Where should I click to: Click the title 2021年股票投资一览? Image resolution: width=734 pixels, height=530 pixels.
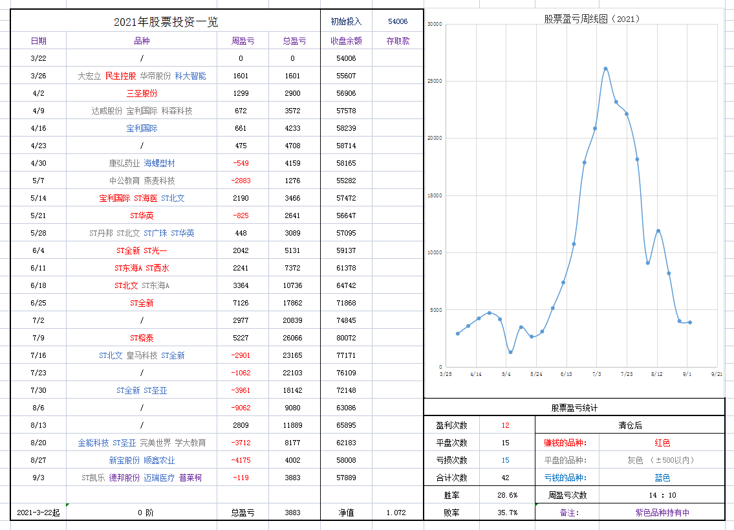click(x=166, y=22)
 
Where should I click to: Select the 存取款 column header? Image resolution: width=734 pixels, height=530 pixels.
click(x=398, y=41)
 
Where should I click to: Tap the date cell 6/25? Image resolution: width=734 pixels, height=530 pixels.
click(x=38, y=303)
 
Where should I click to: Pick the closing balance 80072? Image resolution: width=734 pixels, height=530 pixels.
click(x=346, y=338)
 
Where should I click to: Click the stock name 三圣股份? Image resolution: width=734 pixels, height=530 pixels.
click(x=142, y=93)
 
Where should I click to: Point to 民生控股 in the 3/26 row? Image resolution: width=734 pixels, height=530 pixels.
click(x=121, y=76)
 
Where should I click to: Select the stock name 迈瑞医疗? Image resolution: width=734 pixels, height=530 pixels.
click(x=159, y=478)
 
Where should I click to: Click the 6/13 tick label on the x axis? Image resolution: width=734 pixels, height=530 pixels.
click(x=566, y=374)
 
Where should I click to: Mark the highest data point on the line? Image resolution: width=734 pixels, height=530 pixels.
click(x=605, y=69)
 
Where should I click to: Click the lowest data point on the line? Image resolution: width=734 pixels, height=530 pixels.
click(x=510, y=352)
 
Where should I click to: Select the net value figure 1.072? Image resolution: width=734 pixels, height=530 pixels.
click(x=396, y=513)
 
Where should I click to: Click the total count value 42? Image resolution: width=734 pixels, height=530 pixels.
click(x=505, y=478)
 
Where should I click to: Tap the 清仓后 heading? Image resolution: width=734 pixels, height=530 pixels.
click(x=630, y=425)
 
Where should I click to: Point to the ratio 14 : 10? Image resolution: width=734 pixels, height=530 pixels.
click(x=662, y=495)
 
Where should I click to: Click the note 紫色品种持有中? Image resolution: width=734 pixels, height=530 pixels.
click(x=662, y=513)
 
